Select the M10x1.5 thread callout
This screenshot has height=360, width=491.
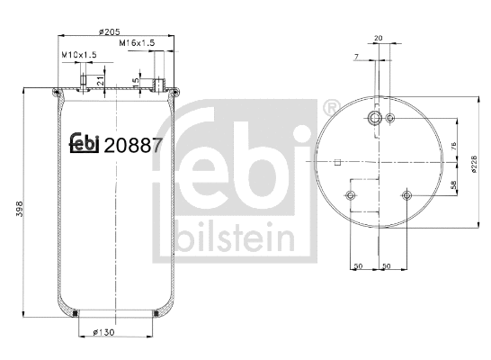(78, 56)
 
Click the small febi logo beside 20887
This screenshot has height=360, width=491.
(85, 143)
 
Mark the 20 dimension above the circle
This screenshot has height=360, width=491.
(378, 38)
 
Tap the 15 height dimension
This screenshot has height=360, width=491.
(136, 82)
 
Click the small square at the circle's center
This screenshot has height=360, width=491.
(336, 163)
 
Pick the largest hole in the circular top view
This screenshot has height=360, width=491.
(375, 119)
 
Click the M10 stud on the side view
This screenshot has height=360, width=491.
(85, 83)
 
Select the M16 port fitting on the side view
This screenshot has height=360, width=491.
(159, 85)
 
